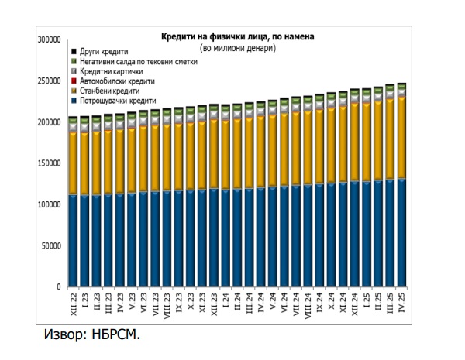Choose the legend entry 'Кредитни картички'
[x=115, y=71]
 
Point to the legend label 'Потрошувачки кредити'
[x=118, y=101]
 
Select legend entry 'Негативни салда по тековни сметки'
[x=140, y=61]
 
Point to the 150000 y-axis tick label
[x=50, y=163]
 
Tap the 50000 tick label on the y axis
[x=52, y=246]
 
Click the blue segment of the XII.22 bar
[x=73, y=240]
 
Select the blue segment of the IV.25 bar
[x=401, y=232]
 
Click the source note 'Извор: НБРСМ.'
[x=91, y=335]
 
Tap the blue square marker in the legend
[x=74, y=101]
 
